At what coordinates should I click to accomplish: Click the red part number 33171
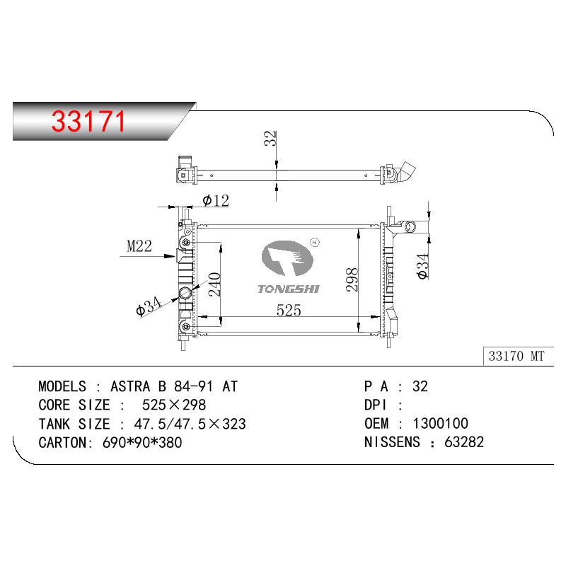point(88,121)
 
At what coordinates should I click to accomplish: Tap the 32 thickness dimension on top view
point(270,138)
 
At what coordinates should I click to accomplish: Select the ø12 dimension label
point(216,201)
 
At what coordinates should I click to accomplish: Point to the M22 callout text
point(139,246)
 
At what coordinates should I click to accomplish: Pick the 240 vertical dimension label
point(214,284)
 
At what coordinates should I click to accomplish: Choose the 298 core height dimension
point(352,279)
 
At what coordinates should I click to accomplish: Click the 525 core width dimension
point(289,311)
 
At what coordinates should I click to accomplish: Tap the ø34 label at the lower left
point(149,306)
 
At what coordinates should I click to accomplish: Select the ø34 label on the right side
point(422,267)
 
